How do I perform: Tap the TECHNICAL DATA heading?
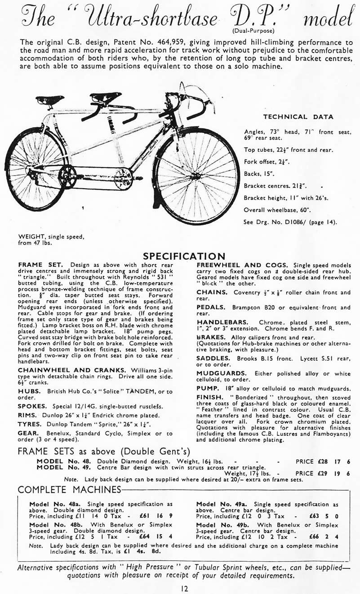click(x=298, y=117)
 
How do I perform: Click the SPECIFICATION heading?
click(x=184, y=256)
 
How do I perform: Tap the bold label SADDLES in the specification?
click(x=213, y=358)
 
